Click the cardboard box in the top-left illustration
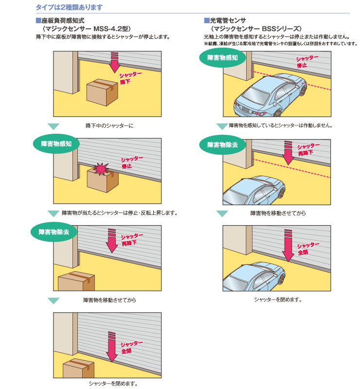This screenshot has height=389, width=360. [x=102, y=92]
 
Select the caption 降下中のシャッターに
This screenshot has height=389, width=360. [x=109, y=126]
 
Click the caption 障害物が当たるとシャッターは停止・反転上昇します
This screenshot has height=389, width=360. [x=119, y=213]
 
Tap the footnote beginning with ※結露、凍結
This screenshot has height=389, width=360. [x=280, y=43]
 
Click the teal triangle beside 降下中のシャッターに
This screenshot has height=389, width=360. [x=54, y=126]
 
